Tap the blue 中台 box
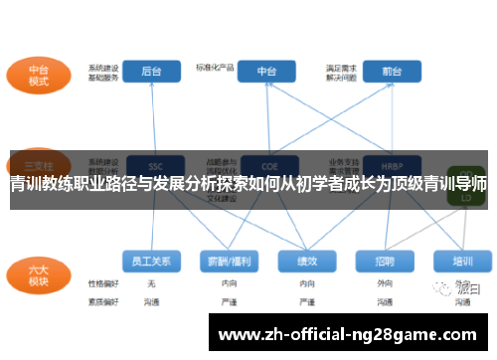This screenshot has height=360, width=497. [267, 72]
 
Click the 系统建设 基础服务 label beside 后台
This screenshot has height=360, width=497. [102, 71]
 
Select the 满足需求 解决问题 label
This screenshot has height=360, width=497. [341, 71]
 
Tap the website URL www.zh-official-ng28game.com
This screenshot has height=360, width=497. [347, 335]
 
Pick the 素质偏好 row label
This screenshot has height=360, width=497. [102, 300]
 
